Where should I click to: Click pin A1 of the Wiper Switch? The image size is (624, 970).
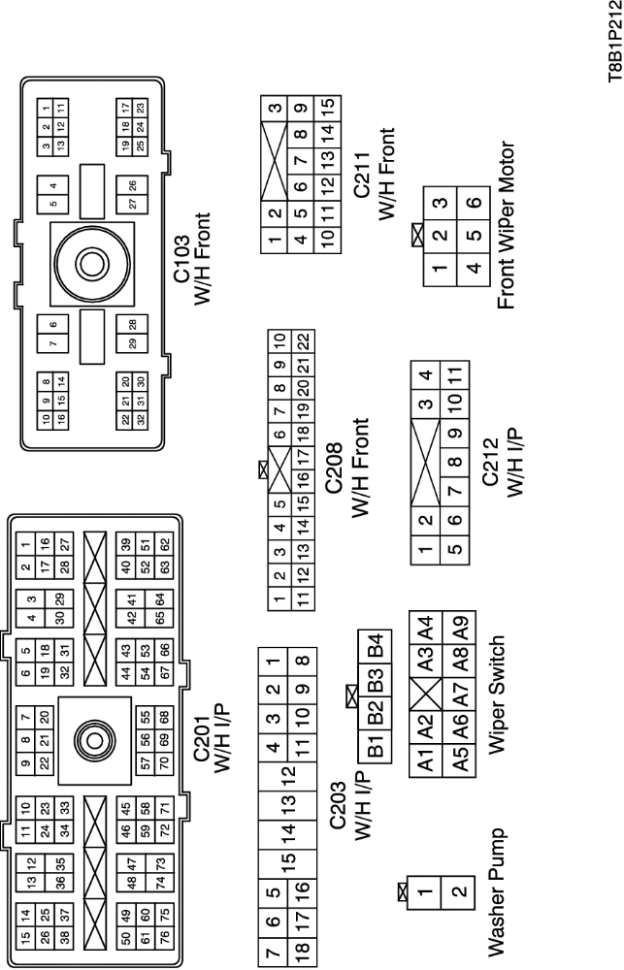click(422, 764)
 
